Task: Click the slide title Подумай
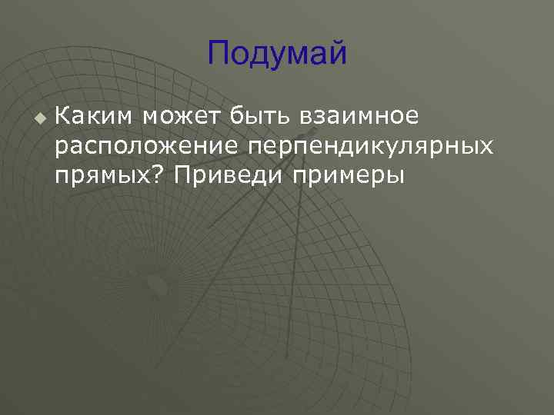[277, 55]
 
